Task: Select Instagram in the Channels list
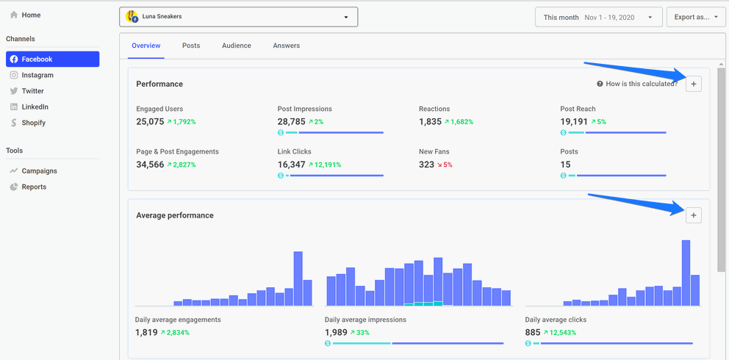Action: [37, 75]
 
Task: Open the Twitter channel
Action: [32, 91]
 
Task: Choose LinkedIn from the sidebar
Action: [35, 107]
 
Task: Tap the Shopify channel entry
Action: [33, 123]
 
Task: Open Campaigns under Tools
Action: [39, 171]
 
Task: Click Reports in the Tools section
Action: [34, 187]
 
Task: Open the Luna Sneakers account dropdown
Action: [238, 17]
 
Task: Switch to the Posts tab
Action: [191, 46]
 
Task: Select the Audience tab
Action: [237, 46]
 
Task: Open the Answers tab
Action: [286, 46]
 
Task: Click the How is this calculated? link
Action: [641, 84]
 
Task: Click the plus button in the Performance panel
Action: [693, 84]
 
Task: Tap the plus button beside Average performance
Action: [693, 215]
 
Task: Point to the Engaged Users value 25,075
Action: [149, 122]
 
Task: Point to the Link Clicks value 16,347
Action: [291, 165]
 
